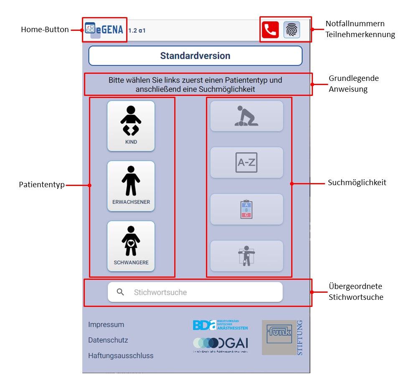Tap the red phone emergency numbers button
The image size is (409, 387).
coord(270,30)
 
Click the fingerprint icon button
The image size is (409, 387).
coord(292,30)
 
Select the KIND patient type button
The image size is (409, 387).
coord(131,126)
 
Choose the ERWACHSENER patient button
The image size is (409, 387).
coord(131,186)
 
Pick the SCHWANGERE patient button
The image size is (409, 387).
coord(131,246)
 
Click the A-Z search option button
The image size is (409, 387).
coord(246,163)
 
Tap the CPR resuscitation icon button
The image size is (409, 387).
coord(246,116)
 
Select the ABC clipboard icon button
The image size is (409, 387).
coord(246,209)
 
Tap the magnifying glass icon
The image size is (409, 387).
coord(121,292)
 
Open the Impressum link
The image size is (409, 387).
coord(106,324)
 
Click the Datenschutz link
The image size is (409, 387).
coord(108,340)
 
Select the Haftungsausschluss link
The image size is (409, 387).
coord(121,356)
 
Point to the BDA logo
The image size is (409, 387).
coord(220,325)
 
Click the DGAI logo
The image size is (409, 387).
coord(221,344)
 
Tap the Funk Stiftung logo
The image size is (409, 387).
coord(282,337)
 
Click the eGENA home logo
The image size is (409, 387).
coord(104,29)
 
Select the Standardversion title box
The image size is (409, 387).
coord(195,56)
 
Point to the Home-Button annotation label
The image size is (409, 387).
coord(45,30)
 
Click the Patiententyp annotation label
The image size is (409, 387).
coord(42,184)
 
